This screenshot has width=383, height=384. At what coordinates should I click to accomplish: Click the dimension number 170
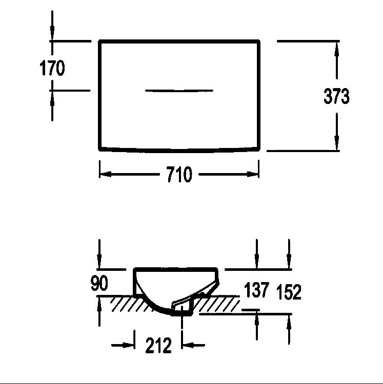point(52,68)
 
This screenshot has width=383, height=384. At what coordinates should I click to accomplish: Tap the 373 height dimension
point(336,96)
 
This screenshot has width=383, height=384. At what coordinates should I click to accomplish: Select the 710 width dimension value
point(179,174)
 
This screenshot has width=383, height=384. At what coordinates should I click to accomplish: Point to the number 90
point(99,283)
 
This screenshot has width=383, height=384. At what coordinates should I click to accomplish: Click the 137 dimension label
point(256,290)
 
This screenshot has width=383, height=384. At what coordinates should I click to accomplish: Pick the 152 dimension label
point(289,292)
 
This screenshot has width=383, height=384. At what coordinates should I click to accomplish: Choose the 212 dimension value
point(158,345)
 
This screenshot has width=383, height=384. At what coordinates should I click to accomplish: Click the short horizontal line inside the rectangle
point(179,91)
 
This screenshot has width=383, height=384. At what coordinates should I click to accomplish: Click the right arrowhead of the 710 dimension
point(253,174)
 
